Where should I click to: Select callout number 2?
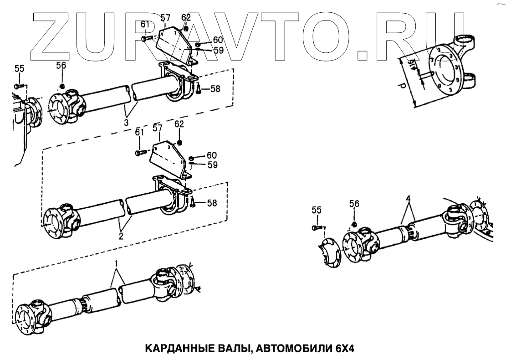pos(120,236)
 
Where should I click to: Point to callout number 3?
pos(125,122)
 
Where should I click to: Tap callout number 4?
pos(409,199)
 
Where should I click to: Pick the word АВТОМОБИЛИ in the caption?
pos(295,349)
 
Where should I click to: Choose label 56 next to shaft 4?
pos(354,204)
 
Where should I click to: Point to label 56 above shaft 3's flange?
pos(61,66)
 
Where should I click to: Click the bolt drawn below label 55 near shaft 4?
pos(317,227)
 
